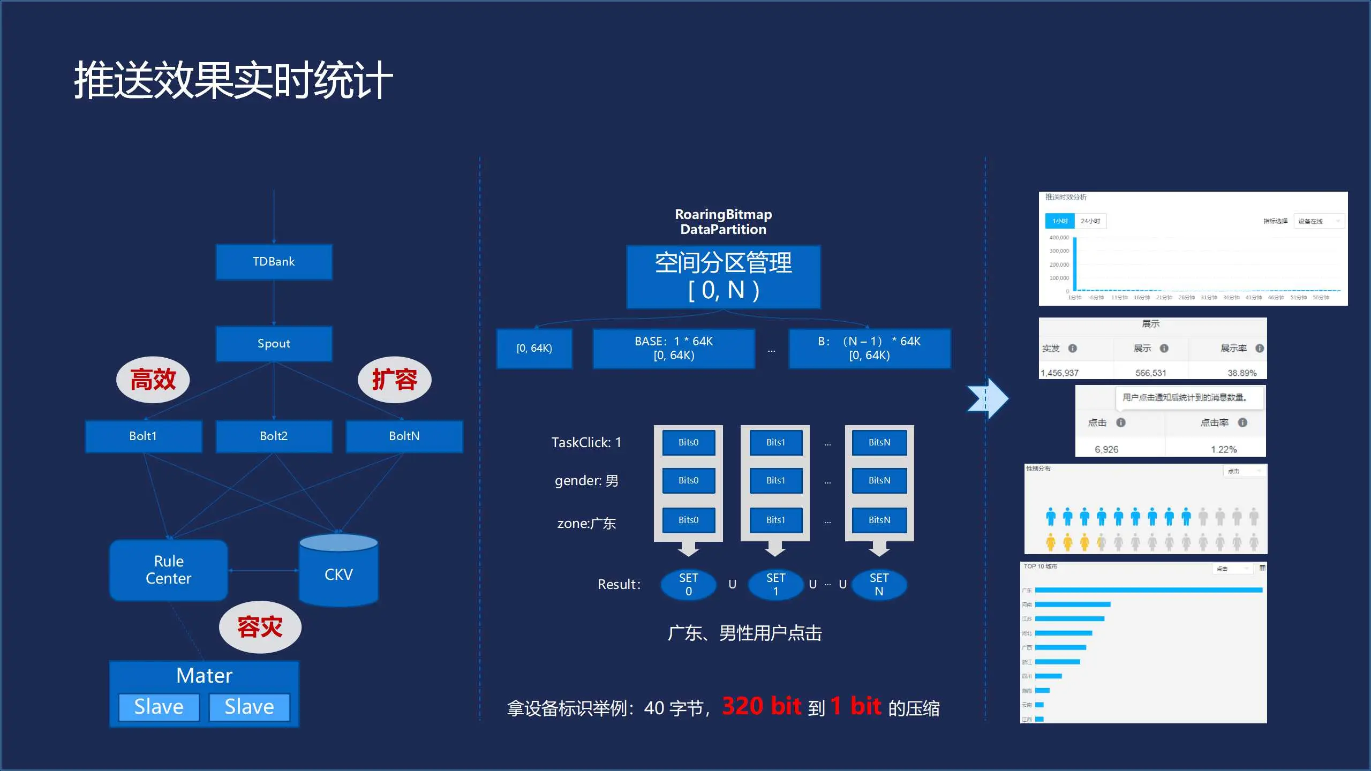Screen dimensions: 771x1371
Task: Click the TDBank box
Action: tap(274, 262)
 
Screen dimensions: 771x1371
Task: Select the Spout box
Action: tap(274, 344)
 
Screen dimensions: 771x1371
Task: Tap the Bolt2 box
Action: tap(274, 436)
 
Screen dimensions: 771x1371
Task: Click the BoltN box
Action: tap(404, 436)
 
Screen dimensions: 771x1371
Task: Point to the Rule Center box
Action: tap(169, 570)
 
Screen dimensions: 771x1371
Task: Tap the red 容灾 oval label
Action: tap(260, 627)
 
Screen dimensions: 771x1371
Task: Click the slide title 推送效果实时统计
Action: tap(233, 80)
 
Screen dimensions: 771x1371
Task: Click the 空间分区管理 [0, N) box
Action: tap(724, 277)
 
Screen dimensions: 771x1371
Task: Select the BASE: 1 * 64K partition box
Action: tap(674, 349)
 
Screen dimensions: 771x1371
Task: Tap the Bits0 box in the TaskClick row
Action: tap(689, 443)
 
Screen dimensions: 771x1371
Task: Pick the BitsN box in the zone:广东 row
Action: tap(879, 520)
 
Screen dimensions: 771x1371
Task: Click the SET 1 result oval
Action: tap(775, 585)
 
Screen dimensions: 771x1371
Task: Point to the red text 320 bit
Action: tap(762, 706)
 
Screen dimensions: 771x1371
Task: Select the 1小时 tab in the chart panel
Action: tap(1060, 221)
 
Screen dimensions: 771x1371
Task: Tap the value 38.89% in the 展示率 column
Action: tap(1242, 373)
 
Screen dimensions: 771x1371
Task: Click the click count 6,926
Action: tap(1106, 450)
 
